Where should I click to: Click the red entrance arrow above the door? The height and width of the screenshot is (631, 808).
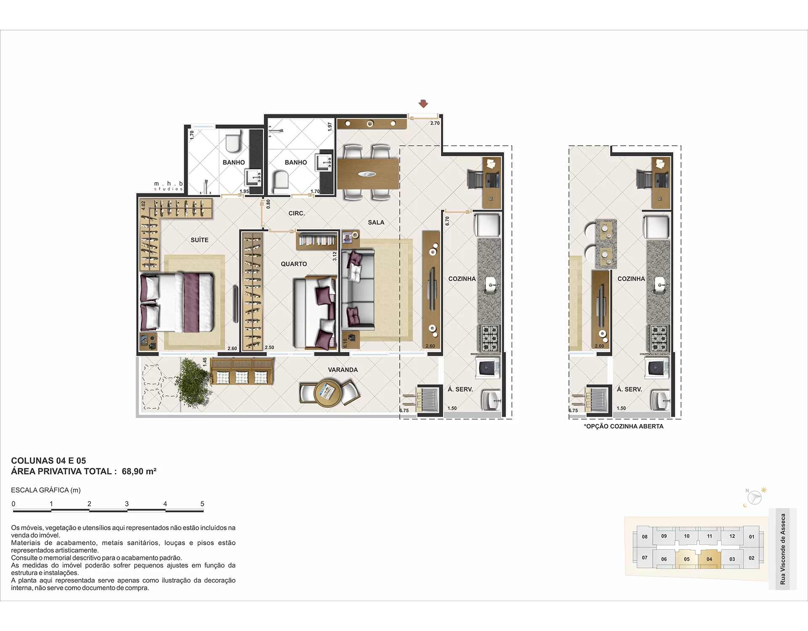pos(423,103)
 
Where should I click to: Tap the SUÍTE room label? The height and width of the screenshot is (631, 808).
pos(199,240)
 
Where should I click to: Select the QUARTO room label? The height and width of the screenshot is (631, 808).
pos(294,264)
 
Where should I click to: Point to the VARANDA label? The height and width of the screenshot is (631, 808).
pos(343,370)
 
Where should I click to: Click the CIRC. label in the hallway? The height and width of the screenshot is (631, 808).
pos(297,213)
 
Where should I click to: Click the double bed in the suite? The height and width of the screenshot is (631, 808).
pos(177,302)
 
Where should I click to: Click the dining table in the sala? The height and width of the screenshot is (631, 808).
pos(368,174)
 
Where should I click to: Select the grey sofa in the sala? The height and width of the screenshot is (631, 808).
pos(358,289)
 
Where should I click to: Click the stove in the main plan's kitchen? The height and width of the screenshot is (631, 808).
pos(489,338)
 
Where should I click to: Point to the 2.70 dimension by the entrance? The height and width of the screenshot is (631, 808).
pos(435,123)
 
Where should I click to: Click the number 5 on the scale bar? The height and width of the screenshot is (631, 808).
pos(202,504)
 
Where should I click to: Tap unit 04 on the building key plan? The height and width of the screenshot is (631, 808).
pos(710,559)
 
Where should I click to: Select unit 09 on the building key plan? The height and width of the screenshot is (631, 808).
pos(664,536)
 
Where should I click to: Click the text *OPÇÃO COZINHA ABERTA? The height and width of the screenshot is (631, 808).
pos(624,426)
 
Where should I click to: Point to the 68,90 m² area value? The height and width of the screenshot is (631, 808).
pos(139,472)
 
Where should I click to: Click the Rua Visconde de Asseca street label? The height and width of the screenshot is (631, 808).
pos(783,549)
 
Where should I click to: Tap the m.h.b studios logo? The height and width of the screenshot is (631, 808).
pos(168,186)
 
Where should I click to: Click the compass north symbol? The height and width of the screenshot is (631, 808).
pos(753,497)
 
